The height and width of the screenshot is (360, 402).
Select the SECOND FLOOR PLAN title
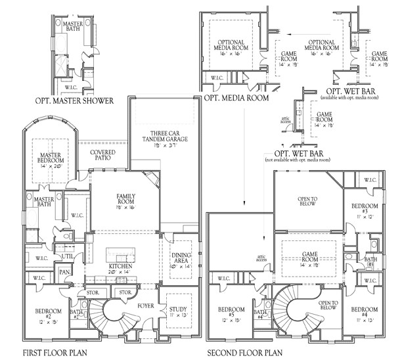pyautogui.click(x=245, y=353)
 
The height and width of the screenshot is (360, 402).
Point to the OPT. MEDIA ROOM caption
pyautogui.click(x=236, y=98)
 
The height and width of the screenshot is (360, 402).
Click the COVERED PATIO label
pyautogui.click(x=102, y=155)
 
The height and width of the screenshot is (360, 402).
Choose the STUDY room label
pyautogui.click(x=178, y=312)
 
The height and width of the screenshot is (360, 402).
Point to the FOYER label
pyautogui.click(x=145, y=305)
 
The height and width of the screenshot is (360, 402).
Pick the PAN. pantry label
pyautogui.click(x=65, y=271)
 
